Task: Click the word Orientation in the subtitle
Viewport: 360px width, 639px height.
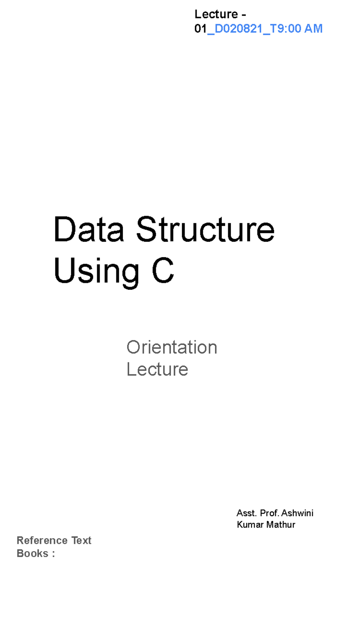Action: [x=172, y=347]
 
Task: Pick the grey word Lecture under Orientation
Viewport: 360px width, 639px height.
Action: [x=157, y=369]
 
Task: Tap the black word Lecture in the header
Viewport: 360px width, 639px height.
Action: [x=216, y=14]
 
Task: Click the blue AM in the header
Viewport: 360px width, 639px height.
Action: [x=313, y=28]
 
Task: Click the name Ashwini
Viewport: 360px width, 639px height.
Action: [x=298, y=513]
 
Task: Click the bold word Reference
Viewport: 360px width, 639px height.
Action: [x=42, y=540]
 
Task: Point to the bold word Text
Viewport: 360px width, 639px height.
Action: [x=81, y=540]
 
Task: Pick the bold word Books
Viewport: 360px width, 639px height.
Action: [x=32, y=553]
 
